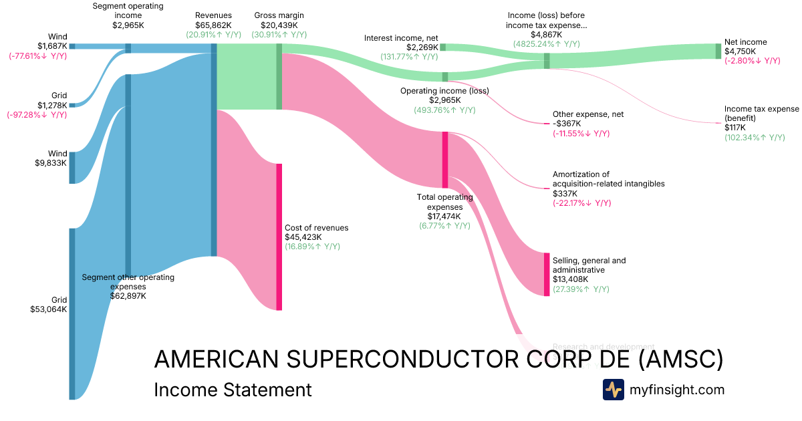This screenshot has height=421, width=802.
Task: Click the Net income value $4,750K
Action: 740,51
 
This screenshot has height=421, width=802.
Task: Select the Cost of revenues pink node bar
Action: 279,237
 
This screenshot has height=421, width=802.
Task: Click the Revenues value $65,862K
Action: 214,25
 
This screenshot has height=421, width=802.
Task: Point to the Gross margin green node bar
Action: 279,76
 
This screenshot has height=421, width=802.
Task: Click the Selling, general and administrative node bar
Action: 547,275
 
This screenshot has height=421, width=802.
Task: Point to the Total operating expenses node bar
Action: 445,160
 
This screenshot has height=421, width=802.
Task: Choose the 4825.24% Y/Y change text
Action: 546,44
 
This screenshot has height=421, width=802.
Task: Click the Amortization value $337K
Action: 565,193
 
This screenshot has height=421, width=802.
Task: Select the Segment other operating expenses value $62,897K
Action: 128,295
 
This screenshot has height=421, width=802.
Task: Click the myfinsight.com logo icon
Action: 613,390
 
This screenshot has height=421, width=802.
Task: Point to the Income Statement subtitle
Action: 233,390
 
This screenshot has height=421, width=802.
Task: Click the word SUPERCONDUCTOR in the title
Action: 394,360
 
